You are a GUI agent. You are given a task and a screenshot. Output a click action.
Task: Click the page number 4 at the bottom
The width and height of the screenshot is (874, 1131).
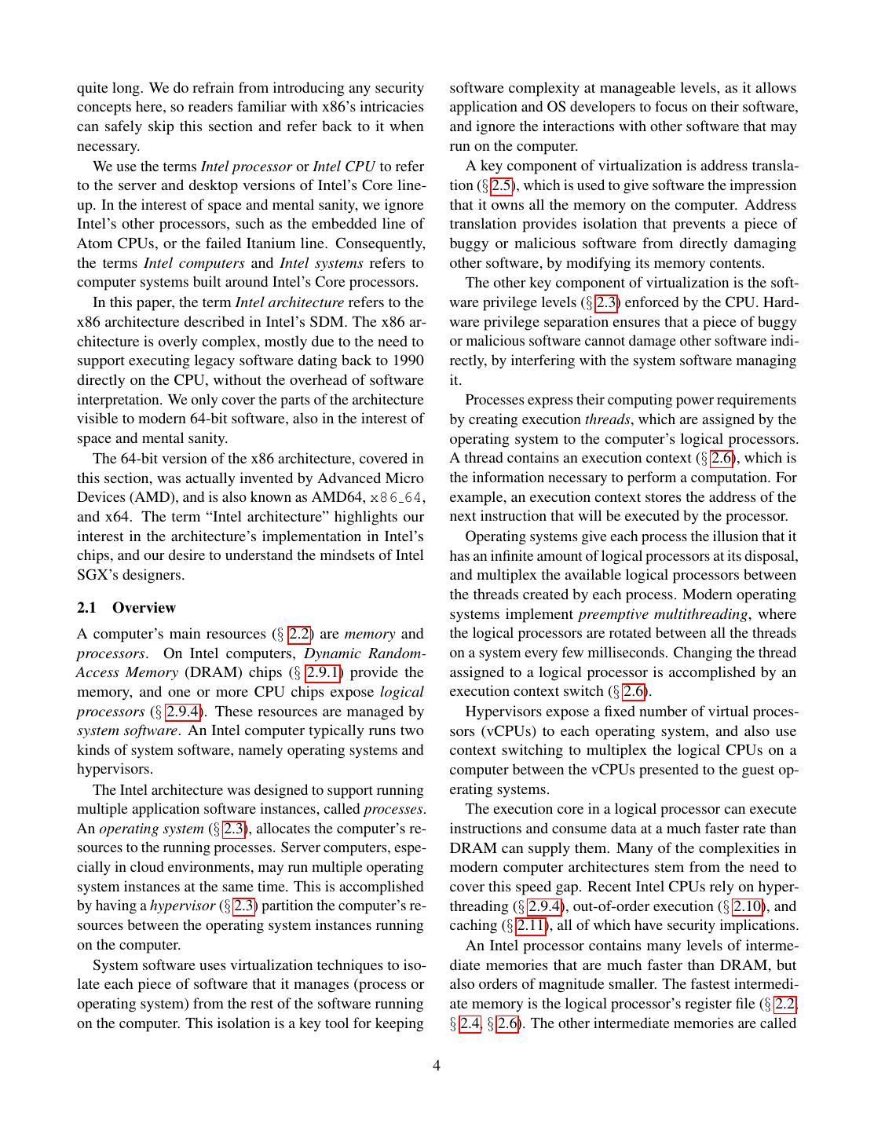pyautogui.click(x=436, y=1066)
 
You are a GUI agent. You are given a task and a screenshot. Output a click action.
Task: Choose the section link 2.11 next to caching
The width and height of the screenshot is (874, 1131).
pyautogui.click(x=531, y=926)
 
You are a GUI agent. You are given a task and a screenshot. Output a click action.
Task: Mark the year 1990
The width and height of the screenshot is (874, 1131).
pyautogui.click(x=407, y=361)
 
